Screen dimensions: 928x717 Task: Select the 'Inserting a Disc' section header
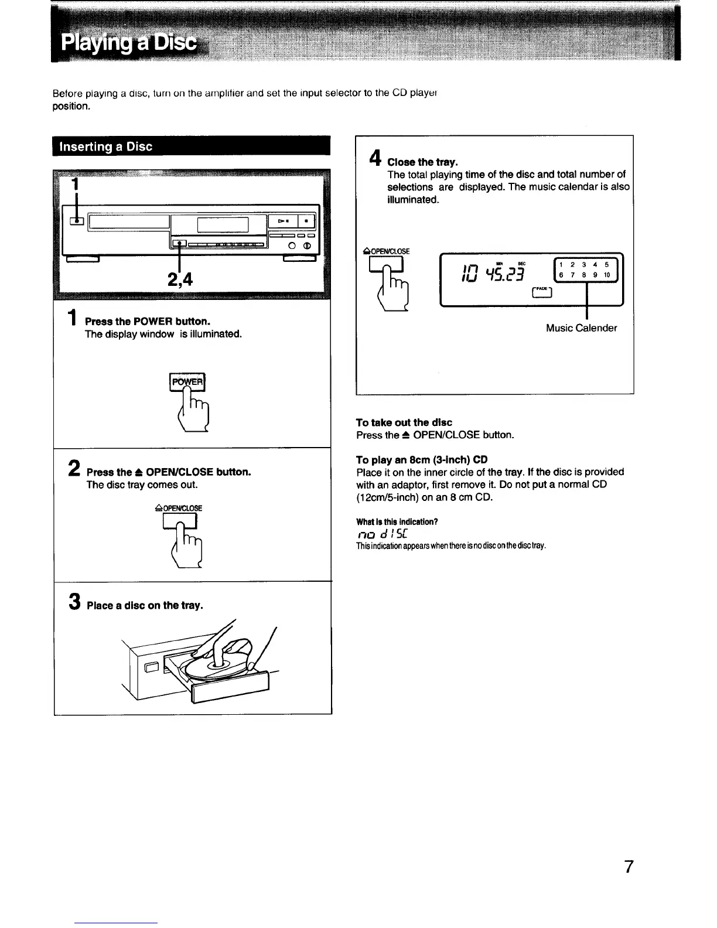pyautogui.click(x=107, y=146)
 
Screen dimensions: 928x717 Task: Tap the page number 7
pyautogui.click(x=629, y=866)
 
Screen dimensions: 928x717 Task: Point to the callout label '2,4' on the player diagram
pyautogui.click(x=180, y=281)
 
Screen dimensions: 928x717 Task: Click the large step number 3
pyautogui.click(x=74, y=601)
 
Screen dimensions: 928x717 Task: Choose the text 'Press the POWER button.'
pyautogui.click(x=148, y=322)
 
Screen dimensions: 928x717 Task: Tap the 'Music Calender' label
pyautogui.click(x=581, y=328)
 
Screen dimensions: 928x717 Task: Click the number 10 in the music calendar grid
pyautogui.click(x=607, y=275)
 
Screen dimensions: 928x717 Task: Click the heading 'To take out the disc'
pyautogui.click(x=404, y=422)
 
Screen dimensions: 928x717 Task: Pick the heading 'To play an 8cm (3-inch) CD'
pyautogui.click(x=422, y=459)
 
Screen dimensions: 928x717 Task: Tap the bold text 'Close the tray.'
pyautogui.click(x=423, y=162)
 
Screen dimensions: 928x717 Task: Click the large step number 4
pyautogui.click(x=375, y=158)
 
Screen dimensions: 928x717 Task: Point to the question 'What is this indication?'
pyautogui.click(x=397, y=521)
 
